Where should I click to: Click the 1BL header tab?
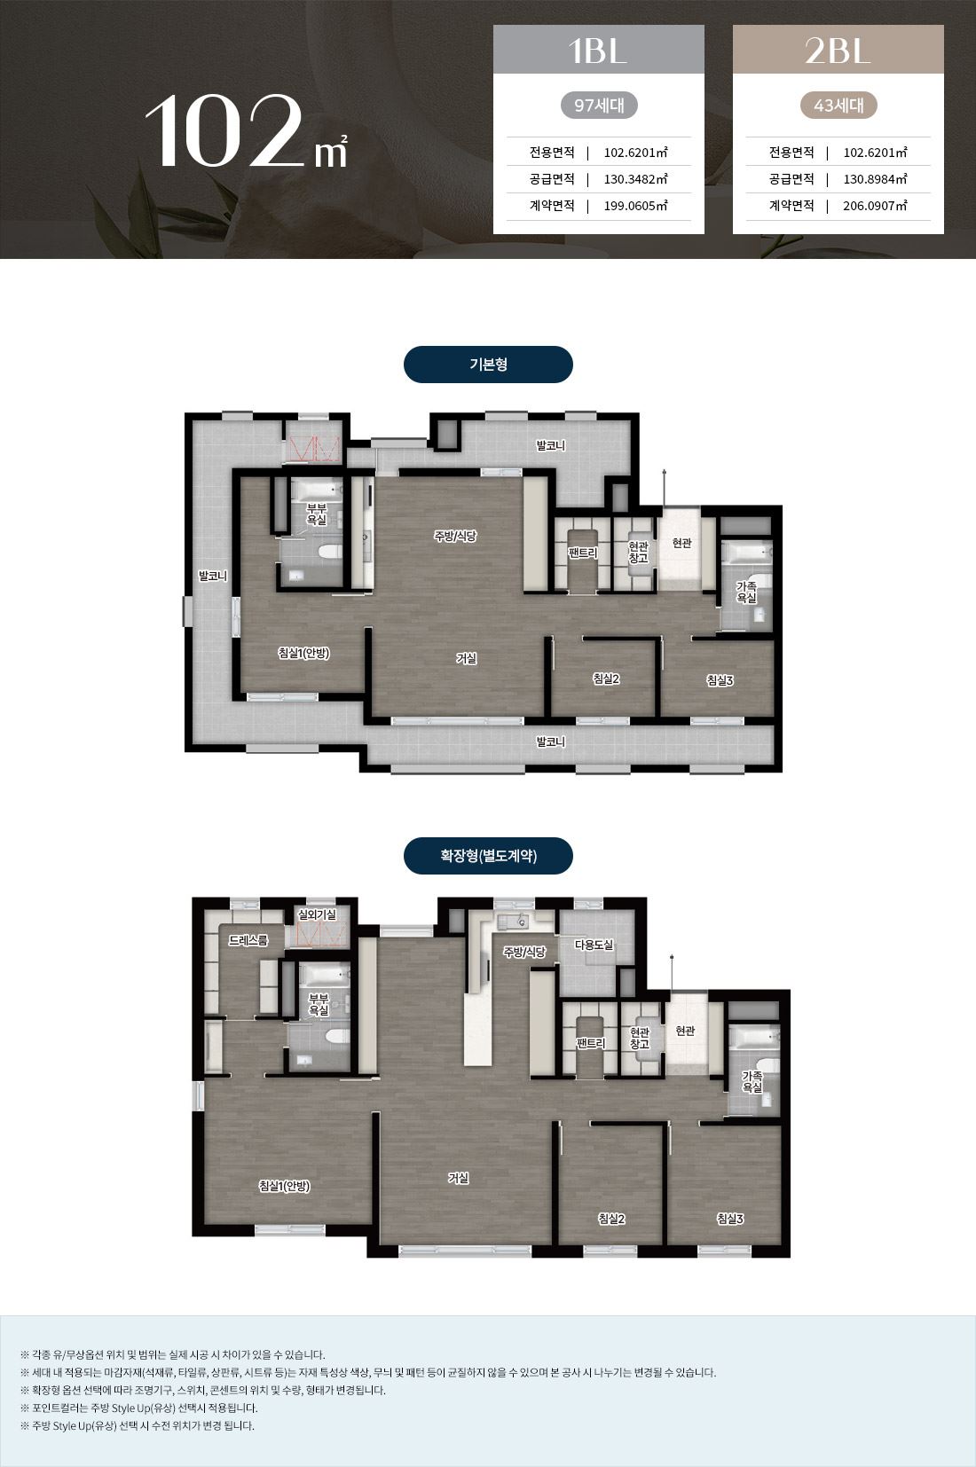598,49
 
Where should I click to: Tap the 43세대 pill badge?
838,105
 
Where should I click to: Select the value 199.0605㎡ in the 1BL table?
635,206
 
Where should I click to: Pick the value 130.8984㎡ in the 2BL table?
875,179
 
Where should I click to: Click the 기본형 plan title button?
488,365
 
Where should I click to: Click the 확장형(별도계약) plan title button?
488,855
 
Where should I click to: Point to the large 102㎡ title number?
246,131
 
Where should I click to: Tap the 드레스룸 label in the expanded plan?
248,940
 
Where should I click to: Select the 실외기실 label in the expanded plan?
317,914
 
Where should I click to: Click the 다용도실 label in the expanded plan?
594,945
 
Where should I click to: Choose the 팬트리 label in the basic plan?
583,553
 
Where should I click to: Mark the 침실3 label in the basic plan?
720,680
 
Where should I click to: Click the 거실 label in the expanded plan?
458,1178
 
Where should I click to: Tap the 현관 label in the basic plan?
682,543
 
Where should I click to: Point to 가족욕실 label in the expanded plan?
752,1081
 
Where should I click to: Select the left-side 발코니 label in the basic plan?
213,577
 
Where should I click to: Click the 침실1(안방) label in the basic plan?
303,653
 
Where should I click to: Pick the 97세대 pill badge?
599,105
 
